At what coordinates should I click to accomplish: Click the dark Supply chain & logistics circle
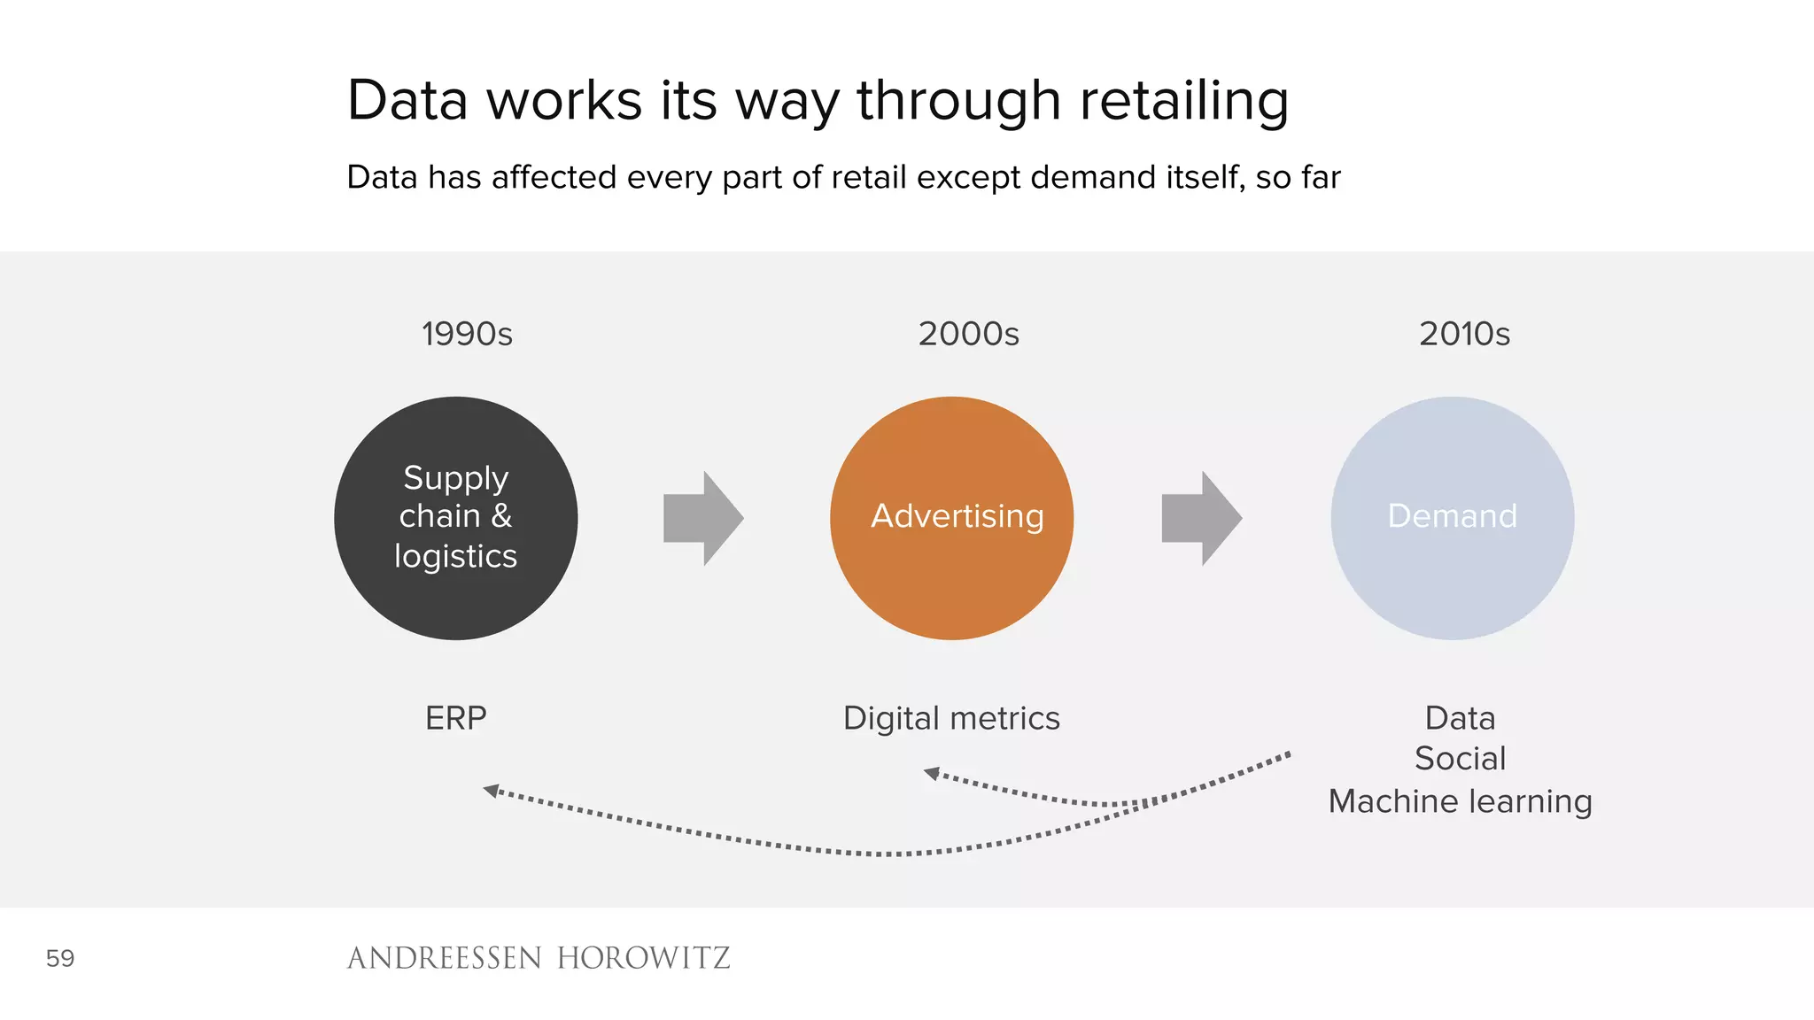coord(455,518)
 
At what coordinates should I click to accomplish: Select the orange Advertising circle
coord(951,518)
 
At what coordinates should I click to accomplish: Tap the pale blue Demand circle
coord(1452,518)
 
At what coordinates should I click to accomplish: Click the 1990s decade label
coord(467,334)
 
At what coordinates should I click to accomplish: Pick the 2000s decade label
coord(968,334)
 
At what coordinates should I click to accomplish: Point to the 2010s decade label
coord(1464,334)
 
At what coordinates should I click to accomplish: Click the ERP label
coord(455,718)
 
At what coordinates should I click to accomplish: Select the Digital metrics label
coord(951,718)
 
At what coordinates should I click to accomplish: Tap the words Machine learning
coord(1460,801)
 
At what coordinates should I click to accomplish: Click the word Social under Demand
coord(1460,759)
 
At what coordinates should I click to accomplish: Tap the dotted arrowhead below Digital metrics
coord(932,773)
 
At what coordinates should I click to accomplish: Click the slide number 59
coord(60,958)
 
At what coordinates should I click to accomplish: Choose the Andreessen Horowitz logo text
coord(539,958)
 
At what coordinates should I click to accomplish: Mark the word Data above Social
coord(1460,718)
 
